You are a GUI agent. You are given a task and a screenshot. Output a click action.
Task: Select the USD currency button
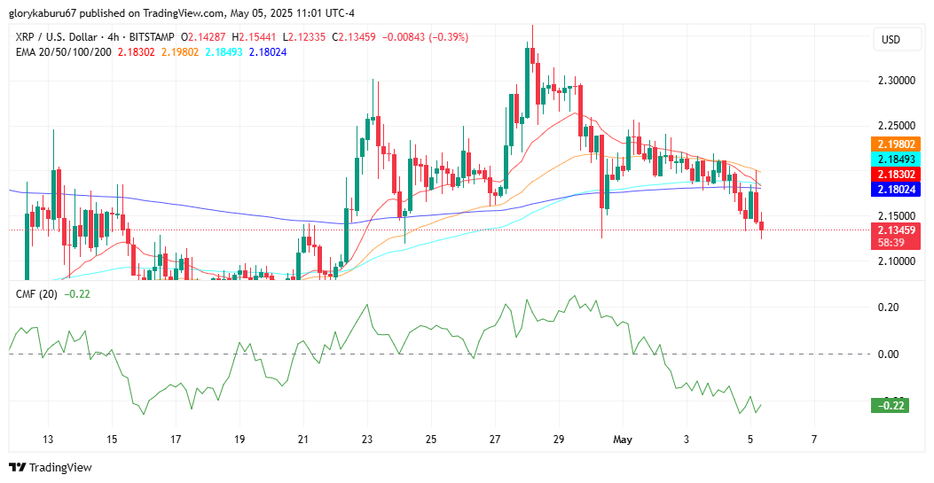[x=891, y=40]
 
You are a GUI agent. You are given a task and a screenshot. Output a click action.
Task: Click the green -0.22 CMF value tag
[x=890, y=406]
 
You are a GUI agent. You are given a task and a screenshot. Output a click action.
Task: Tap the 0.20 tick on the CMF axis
[x=888, y=308]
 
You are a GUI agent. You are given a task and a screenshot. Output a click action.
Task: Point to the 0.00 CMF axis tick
[x=888, y=354]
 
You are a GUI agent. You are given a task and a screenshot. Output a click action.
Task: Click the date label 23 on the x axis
[x=367, y=440]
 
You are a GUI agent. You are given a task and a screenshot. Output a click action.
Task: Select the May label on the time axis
[x=622, y=440]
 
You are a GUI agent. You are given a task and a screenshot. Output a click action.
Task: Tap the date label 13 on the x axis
[x=48, y=440]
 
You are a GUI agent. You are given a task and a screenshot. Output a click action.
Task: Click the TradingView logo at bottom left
[x=51, y=467]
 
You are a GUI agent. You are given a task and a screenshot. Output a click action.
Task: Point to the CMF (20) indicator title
[x=36, y=293]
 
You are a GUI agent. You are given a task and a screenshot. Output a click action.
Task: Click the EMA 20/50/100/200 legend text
[x=64, y=52]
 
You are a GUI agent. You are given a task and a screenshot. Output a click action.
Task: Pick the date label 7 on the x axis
[x=813, y=440]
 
